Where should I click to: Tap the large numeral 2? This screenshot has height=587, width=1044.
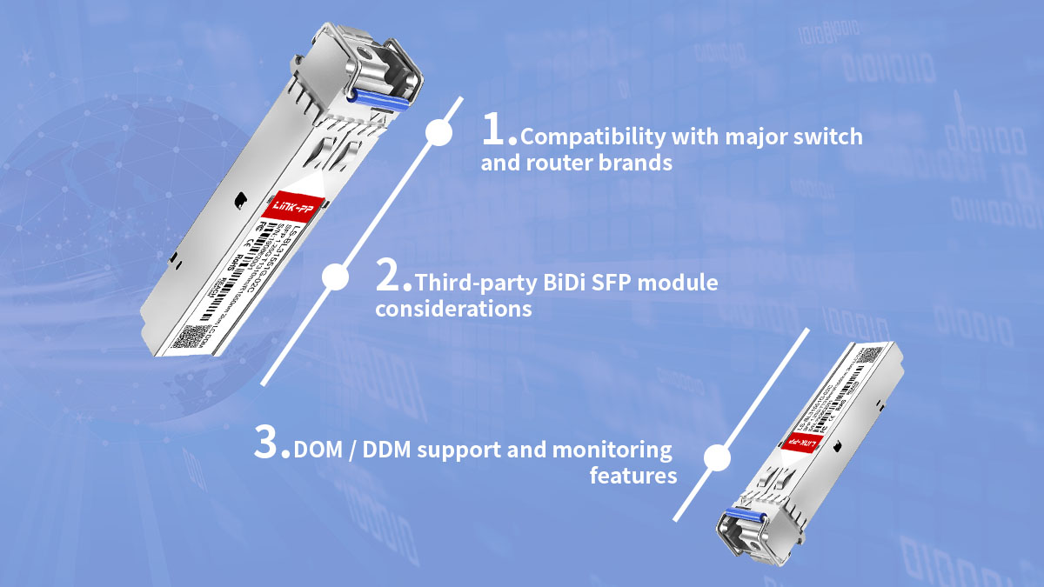pos(391,276)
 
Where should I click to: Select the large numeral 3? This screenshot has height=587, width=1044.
pos(271,443)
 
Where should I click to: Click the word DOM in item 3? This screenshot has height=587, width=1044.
pos(317,450)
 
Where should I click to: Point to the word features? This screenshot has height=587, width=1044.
pos(632,476)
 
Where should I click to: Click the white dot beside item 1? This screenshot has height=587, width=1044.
pos(439,133)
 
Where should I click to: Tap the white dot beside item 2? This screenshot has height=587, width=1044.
pos(335,277)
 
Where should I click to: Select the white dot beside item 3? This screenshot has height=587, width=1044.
pos(716,457)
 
